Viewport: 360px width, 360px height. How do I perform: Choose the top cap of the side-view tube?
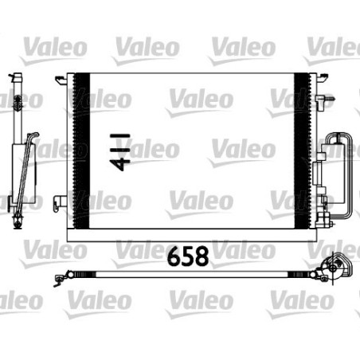click(x=16, y=77)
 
